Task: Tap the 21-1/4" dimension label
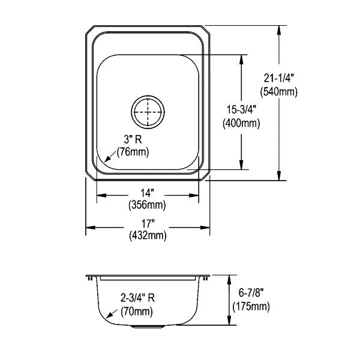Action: (x=279, y=79)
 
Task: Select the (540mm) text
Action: (x=279, y=92)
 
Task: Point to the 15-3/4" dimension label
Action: (x=241, y=110)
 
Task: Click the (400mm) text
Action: (x=241, y=123)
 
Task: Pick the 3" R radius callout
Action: (x=133, y=139)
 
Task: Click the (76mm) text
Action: (x=133, y=152)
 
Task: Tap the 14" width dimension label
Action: (x=147, y=193)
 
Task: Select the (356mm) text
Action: (x=147, y=205)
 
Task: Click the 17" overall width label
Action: (x=147, y=224)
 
